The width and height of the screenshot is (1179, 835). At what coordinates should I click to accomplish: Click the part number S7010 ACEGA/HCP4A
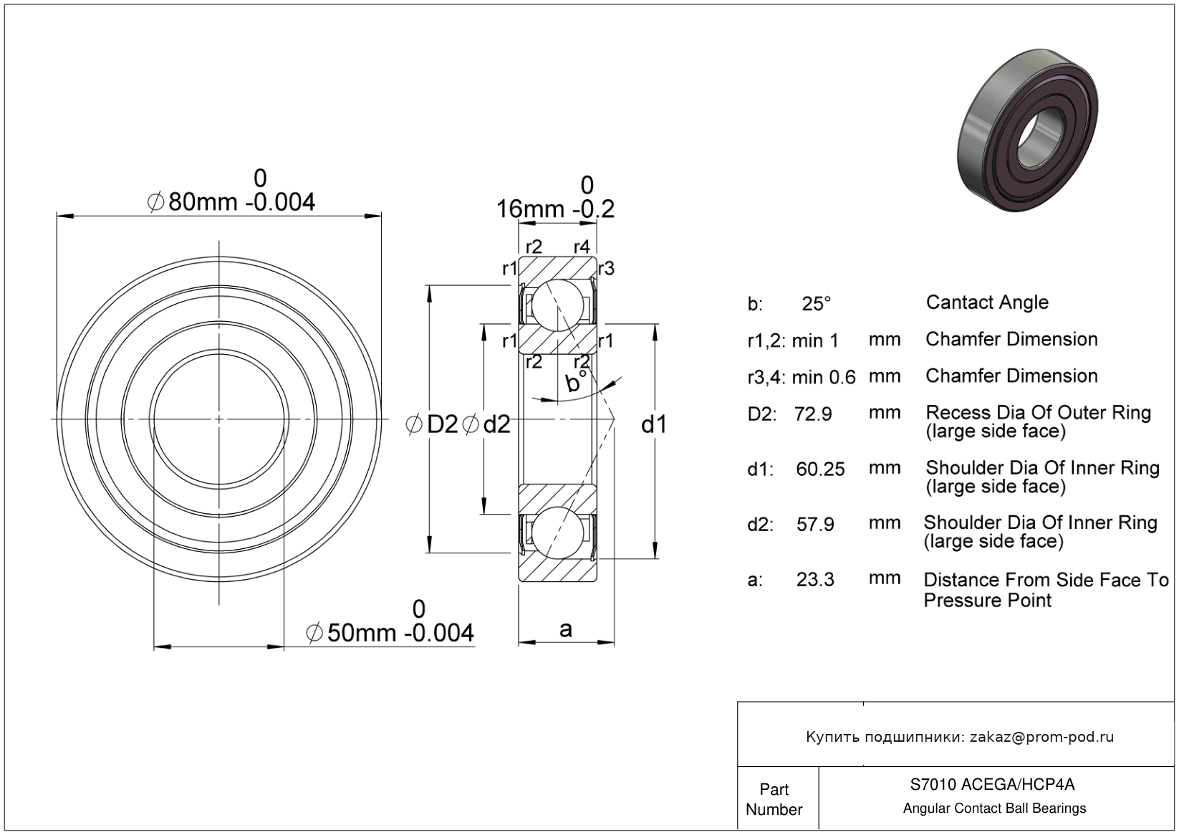coord(993,784)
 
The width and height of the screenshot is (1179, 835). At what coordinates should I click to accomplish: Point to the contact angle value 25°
coord(817,303)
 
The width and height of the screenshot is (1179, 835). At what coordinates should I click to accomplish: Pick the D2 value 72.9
coord(813,414)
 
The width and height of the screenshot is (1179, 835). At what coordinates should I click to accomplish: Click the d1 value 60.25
coord(820,469)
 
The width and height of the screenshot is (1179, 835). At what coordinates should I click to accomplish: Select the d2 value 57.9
coord(815,524)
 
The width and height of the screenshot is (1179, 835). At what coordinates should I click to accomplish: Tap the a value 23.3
coord(815,580)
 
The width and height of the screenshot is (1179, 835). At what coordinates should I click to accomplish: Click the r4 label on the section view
coord(582,246)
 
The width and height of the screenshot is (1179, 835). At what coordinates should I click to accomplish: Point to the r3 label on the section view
coord(607,269)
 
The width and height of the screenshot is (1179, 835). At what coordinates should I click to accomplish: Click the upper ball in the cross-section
coord(558,305)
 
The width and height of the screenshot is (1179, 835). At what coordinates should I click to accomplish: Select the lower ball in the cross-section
coord(558,533)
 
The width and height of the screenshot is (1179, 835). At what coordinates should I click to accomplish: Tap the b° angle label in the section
coord(576,381)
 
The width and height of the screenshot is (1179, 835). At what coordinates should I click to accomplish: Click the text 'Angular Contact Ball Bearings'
coord(994,808)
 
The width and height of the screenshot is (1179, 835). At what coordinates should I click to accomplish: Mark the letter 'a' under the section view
coord(566,629)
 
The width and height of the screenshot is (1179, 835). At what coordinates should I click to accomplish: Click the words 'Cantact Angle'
coord(988,302)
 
